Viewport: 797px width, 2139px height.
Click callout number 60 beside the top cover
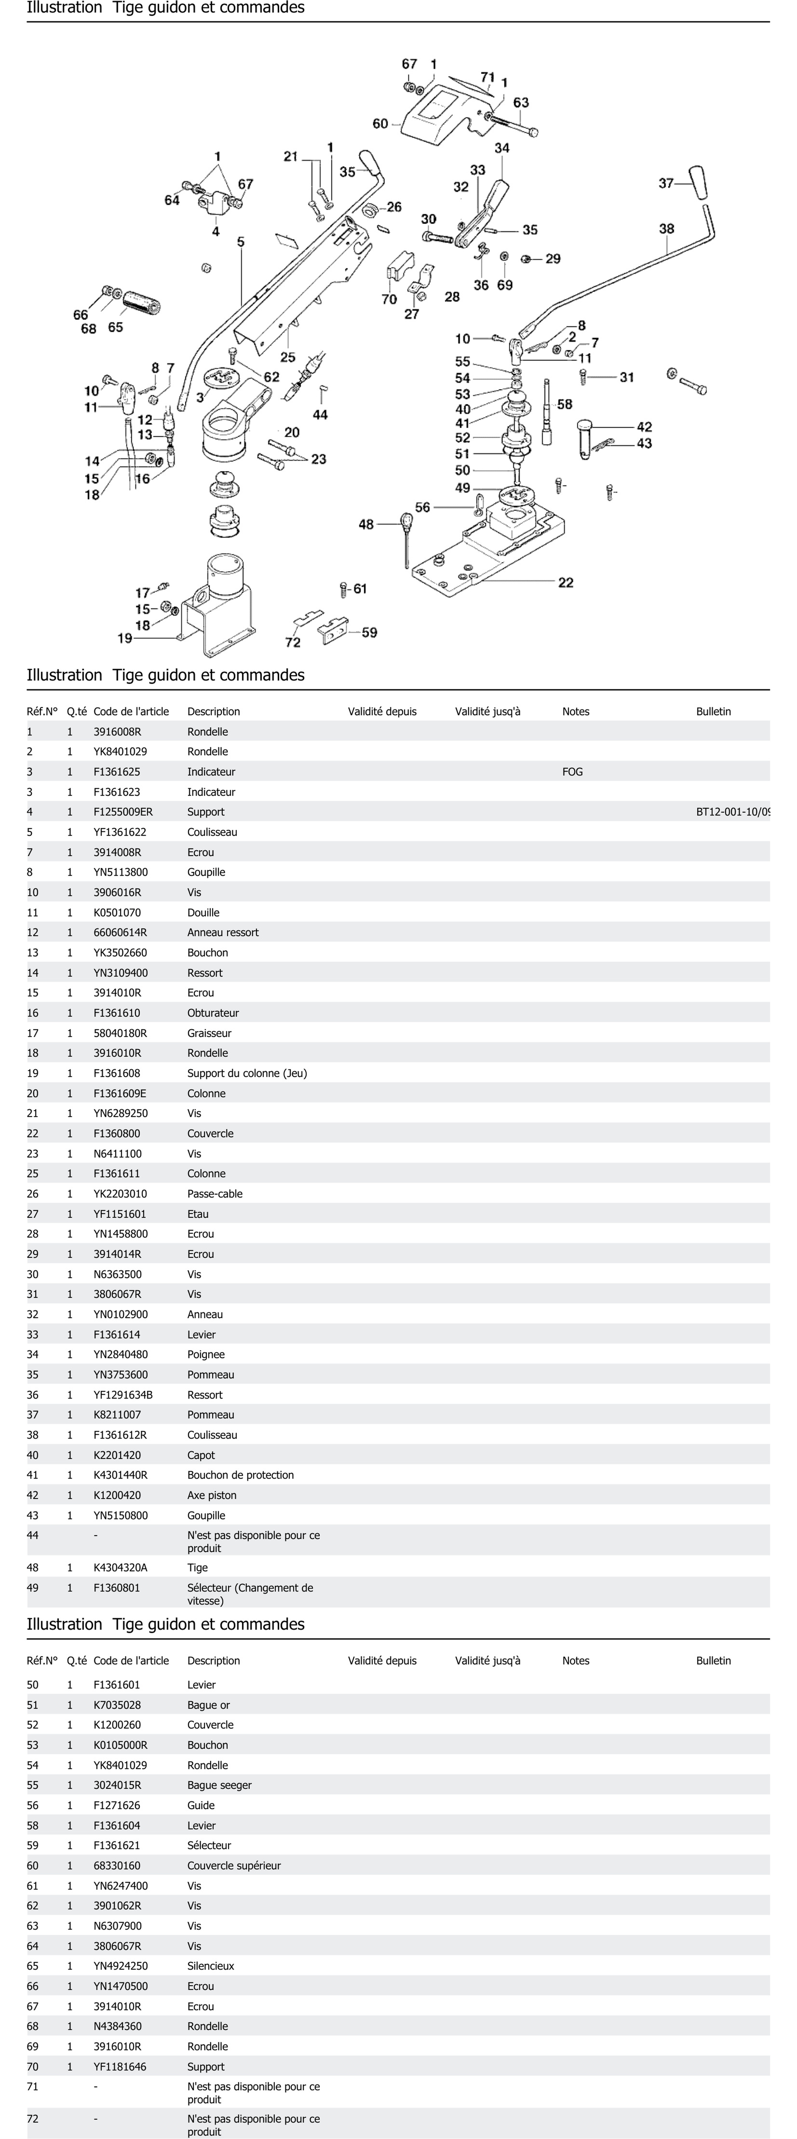380,124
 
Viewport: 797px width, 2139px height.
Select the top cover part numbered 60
440,116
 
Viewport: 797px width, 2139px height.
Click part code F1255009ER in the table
123,812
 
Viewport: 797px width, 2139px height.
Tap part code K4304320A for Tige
120,1568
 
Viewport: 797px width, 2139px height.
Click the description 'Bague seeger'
219,1785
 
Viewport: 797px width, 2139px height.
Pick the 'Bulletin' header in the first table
713,712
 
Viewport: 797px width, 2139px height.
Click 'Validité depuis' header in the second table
382,1661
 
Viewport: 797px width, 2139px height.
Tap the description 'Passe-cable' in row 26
215,1194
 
